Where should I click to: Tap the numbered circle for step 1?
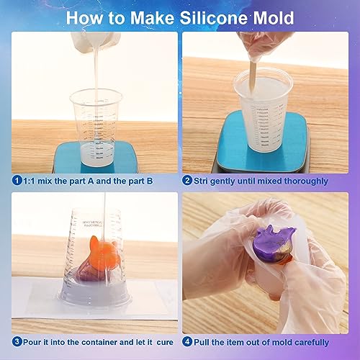point(17,181)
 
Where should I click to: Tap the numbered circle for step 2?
point(187,181)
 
